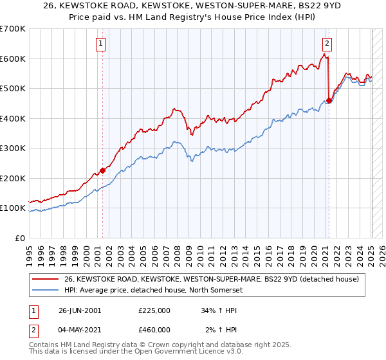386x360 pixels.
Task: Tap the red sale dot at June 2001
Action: (x=102, y=171)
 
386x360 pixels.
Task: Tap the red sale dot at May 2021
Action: (x=329, y=100)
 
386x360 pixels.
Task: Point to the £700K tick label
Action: (x=13, y=29)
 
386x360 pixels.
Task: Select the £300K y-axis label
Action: (x=13, y=148)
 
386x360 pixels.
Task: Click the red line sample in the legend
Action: (x=46, y=278)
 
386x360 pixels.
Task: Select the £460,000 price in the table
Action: (x=154, y=330)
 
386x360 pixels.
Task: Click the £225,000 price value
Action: (x=154, y=310)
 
